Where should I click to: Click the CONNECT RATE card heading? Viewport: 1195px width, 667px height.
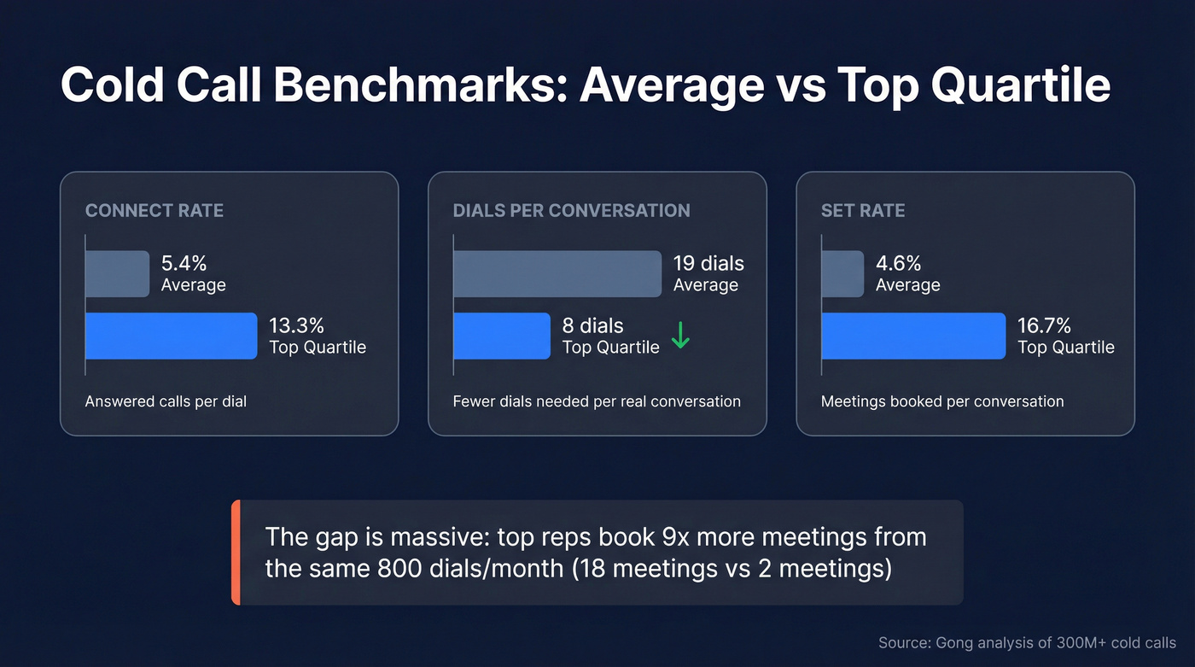pyautogui.click(x=154, y=210)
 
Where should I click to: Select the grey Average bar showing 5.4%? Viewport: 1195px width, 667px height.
pyautogui.click(x=117, y=273)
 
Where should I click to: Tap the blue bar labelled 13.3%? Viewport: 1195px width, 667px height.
pyautogui.click(x=171, y=336)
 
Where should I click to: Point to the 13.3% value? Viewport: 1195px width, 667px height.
pyautogui.click(x=297, y=325)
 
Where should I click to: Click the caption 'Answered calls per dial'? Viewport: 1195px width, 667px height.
pyautogui.click(x=166, y=401)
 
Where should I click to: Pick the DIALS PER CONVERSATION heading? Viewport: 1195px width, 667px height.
pyautogui.click(x=571, y=210)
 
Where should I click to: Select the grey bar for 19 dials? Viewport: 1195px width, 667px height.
pyautogui.click(x=557, y=273)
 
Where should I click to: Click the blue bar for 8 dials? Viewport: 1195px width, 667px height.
pyautogui.click(x=502, y=336)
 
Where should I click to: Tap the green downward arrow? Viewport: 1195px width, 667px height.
pyautogui.click(x=680, y=336)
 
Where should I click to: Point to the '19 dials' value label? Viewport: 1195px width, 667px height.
pyautogui.click(x=708, y=263)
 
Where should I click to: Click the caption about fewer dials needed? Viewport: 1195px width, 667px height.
pyautogui.click(x=597, y=401)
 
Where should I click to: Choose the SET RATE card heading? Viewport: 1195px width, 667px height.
pyautogui.click(x=863, y=210)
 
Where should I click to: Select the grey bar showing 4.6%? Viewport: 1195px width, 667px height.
pyautogui.click(x=842, y=273)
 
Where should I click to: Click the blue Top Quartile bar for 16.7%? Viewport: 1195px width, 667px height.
pyautogui.click(x=913, y=336)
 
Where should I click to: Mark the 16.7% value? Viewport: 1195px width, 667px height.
pyautogui.click(x=1044, y=325)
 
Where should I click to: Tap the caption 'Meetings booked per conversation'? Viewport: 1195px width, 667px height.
pyautogui.click(x=942, y=401)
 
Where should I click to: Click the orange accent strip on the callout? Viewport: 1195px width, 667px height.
pyautogui.click(x=236, y=553)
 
